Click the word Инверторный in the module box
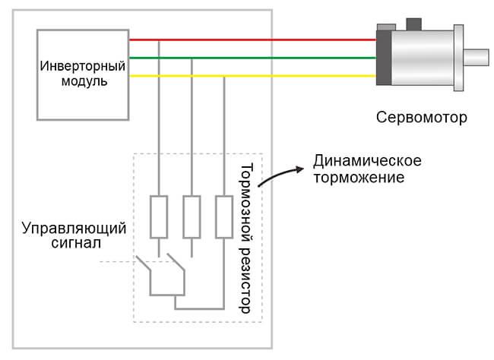83,65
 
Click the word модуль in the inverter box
83,81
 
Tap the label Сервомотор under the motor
421,118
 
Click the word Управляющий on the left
74,228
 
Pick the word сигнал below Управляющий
74,244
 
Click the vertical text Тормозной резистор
245,238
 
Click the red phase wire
251,39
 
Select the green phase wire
251,58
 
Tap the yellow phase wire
251,76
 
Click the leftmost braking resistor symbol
159,216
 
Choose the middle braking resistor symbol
192,216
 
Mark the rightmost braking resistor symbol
224,216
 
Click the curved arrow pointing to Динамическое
278,175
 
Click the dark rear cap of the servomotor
384,58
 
